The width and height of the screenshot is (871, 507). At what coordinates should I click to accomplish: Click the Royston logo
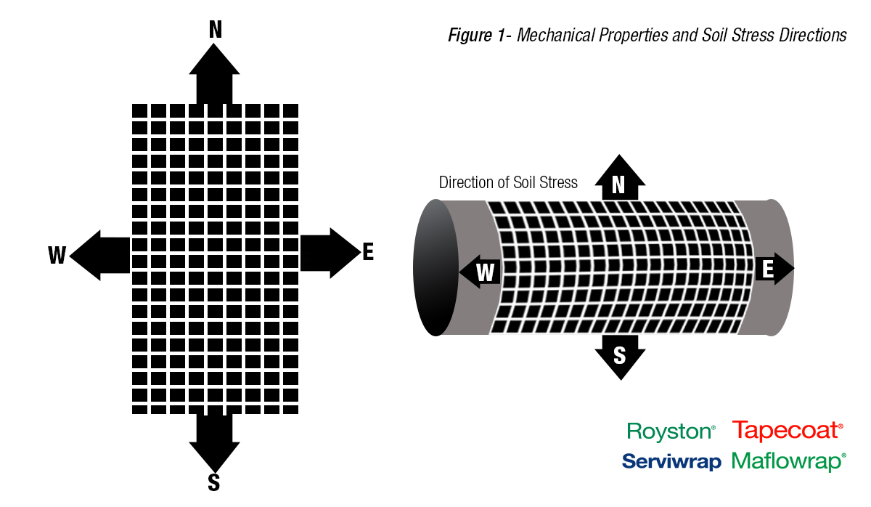671,431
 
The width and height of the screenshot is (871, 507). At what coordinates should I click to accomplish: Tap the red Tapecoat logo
788,431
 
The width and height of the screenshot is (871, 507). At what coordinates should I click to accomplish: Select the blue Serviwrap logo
671,461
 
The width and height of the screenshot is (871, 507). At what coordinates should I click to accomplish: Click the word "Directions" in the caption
812,35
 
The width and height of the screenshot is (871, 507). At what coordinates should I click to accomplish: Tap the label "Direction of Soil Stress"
508,182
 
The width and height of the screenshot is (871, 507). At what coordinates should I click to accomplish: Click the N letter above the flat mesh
215,29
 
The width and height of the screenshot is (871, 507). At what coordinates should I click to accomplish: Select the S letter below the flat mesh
214,482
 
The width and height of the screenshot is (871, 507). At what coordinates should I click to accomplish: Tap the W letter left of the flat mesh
57,255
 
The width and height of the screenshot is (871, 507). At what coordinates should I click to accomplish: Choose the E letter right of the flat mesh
368,252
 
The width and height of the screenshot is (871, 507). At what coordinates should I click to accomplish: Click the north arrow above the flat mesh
214,73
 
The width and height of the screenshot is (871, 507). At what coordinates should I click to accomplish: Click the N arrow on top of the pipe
619,179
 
